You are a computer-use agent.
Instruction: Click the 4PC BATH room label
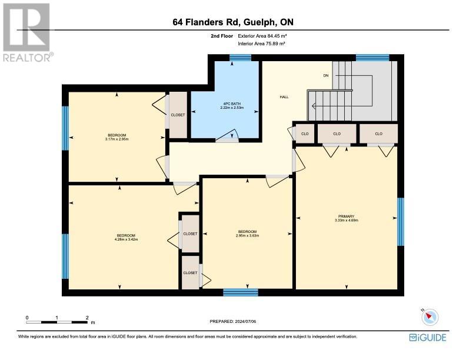[x=232, y=104]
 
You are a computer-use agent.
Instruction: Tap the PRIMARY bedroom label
[x=346, y=216]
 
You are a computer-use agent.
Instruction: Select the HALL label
[x=284, y=97]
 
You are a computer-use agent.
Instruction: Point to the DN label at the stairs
[x=326, y=75]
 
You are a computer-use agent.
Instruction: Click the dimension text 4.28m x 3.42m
[x=126, y=239]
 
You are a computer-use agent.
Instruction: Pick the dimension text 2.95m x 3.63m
[x=247, y=235]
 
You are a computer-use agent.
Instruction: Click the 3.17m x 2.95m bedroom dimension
[x=117, y=139]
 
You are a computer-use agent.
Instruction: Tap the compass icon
[x=430, y=317]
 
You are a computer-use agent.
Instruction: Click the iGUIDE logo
[x=428, y=338]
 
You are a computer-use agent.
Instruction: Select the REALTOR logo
[x=28, y=32]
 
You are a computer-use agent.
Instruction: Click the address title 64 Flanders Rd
[x=207, y=22]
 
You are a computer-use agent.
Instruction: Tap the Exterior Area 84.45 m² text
[x=262, y=36]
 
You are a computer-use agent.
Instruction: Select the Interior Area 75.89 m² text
[x=261, y=44]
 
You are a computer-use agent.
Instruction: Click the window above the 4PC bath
[x=240, y=58]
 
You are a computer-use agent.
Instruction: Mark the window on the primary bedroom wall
[x=401, y=222]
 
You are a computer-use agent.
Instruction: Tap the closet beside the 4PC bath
[x=178, y=115]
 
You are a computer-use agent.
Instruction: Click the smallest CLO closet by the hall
[x=305, y=134]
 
